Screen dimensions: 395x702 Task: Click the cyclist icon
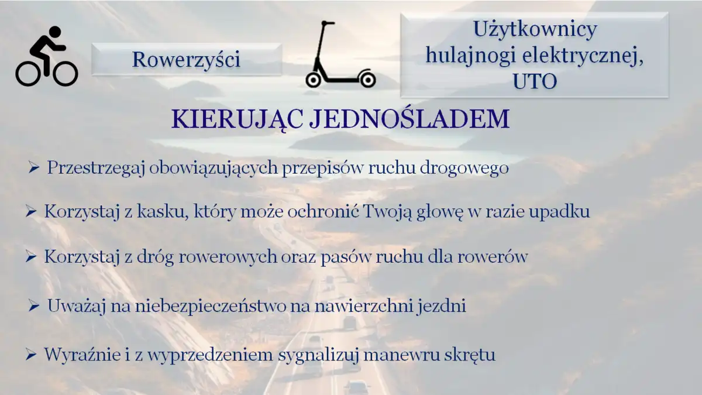pos(47,57)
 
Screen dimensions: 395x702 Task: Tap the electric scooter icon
pos(339,56)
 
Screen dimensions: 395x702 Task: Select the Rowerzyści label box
pos(186,60)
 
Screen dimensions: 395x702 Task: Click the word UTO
pos(535,81)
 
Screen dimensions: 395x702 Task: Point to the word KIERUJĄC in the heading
pos(237,119)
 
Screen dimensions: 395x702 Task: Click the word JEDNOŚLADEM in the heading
pos(409,119)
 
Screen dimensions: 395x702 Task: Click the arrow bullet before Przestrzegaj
pos(33,169)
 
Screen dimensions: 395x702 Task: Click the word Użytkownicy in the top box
pos(535,29)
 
